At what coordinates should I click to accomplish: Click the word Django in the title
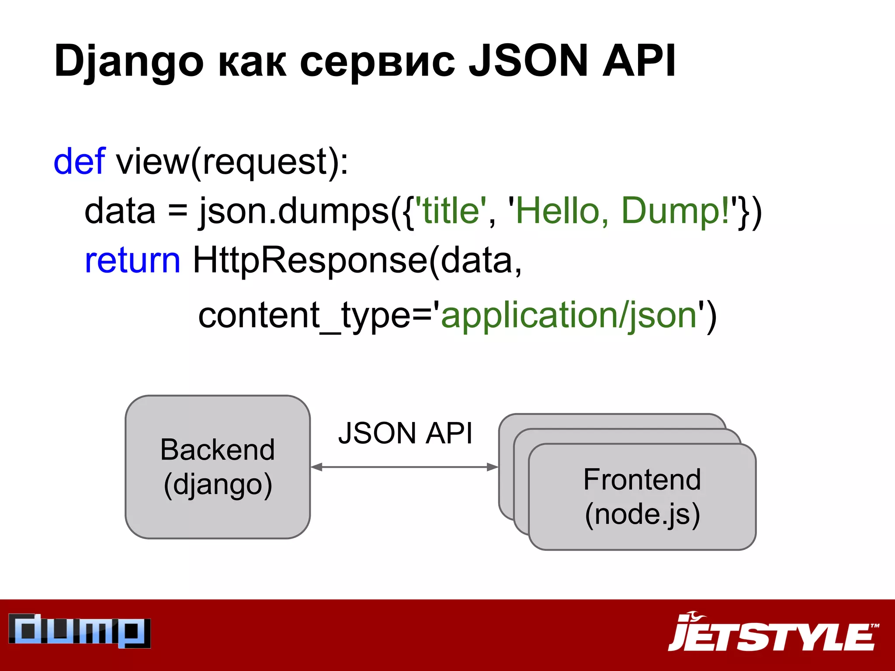coord(129,61)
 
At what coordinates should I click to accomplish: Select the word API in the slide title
coord(639,61)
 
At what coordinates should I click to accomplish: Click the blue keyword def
coord(79,162)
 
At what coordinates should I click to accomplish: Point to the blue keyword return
coord(132,260)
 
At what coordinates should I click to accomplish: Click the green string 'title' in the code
coord(450,211)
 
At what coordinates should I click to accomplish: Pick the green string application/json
coord(569,315)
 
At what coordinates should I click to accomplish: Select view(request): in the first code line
coord(232,162)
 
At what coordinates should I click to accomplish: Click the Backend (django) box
coord(218,467)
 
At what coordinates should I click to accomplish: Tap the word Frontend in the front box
coord(642,480)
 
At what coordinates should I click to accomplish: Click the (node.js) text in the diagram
coord(642,514)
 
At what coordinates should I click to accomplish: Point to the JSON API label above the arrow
coord(405,433)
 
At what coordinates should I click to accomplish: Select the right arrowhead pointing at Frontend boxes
coord(493,467)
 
